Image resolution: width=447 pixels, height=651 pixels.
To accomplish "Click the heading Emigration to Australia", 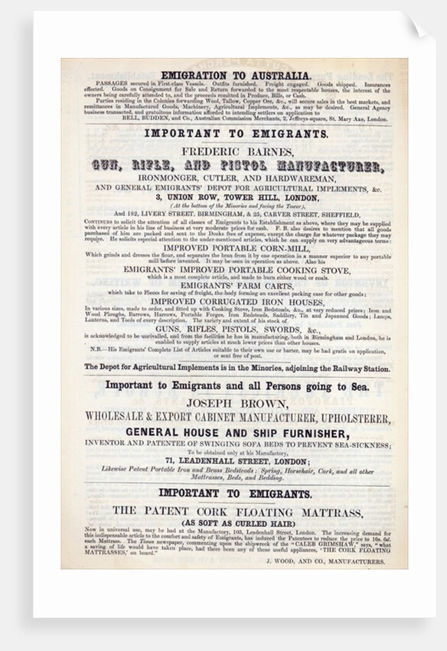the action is coord(235,74).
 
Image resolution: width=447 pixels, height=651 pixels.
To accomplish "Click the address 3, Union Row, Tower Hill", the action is coord(235,196).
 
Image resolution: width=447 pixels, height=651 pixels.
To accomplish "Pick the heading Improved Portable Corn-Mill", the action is coord(235,248).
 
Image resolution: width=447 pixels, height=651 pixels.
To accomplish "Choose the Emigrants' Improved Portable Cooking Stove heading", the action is coord(235,269).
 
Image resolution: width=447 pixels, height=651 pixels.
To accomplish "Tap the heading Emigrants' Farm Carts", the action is coord(235,285).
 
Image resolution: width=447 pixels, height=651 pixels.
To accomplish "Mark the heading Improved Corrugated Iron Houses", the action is coord(235,301).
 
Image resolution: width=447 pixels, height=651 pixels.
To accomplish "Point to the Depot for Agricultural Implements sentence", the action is coord(235,368).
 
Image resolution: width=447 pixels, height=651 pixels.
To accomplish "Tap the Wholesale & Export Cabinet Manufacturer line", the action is coord(235,417).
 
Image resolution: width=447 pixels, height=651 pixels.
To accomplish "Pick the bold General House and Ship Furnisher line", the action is coord(235,433).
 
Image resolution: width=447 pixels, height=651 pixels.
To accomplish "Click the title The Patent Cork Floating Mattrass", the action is coord(235,510).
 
